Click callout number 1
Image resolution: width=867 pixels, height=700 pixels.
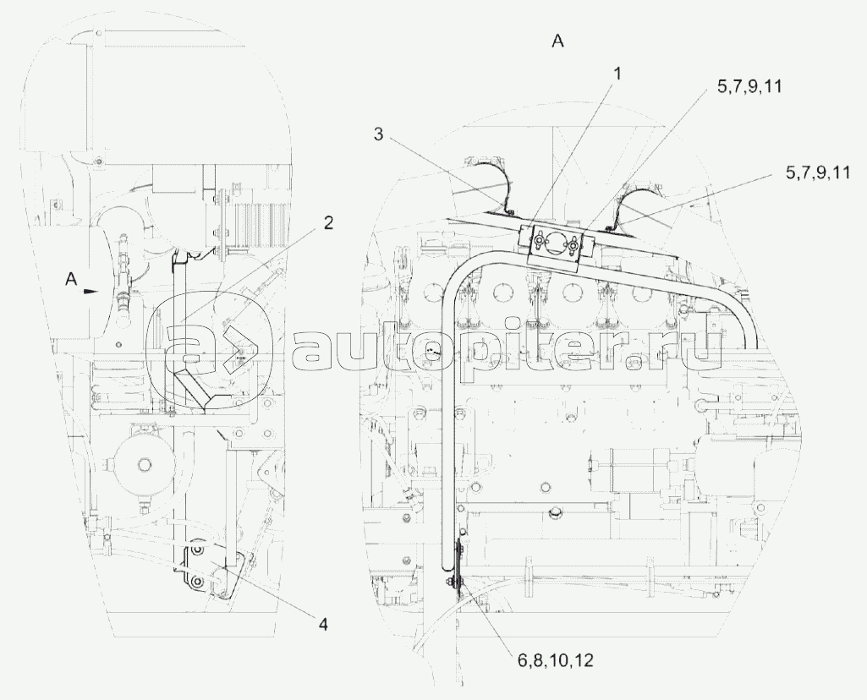point(617,74)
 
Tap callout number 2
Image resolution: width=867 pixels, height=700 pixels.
point(328,223)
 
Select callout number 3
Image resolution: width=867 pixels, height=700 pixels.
point(378,134)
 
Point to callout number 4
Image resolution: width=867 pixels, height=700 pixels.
point(323,624)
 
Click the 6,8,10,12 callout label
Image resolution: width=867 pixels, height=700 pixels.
point(555,660)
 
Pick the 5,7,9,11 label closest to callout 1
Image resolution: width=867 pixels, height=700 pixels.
point(749,87)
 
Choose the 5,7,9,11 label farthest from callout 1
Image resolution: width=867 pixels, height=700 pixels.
point(818,173)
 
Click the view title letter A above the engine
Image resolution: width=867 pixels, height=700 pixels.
point(558,41)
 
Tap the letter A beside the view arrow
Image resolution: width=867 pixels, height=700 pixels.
point(71,280)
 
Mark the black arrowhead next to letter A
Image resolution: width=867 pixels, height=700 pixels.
point(91,290)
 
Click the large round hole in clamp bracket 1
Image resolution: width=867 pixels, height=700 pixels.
point(555,243)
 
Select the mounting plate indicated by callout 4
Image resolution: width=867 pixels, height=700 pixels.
point(210,570)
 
